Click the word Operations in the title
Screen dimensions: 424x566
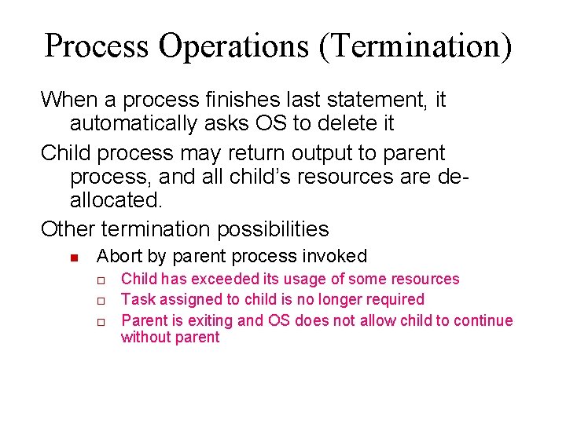coord(233,46)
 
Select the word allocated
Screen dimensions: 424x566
coord(116,199)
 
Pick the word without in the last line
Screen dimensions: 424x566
coord(144,338)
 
